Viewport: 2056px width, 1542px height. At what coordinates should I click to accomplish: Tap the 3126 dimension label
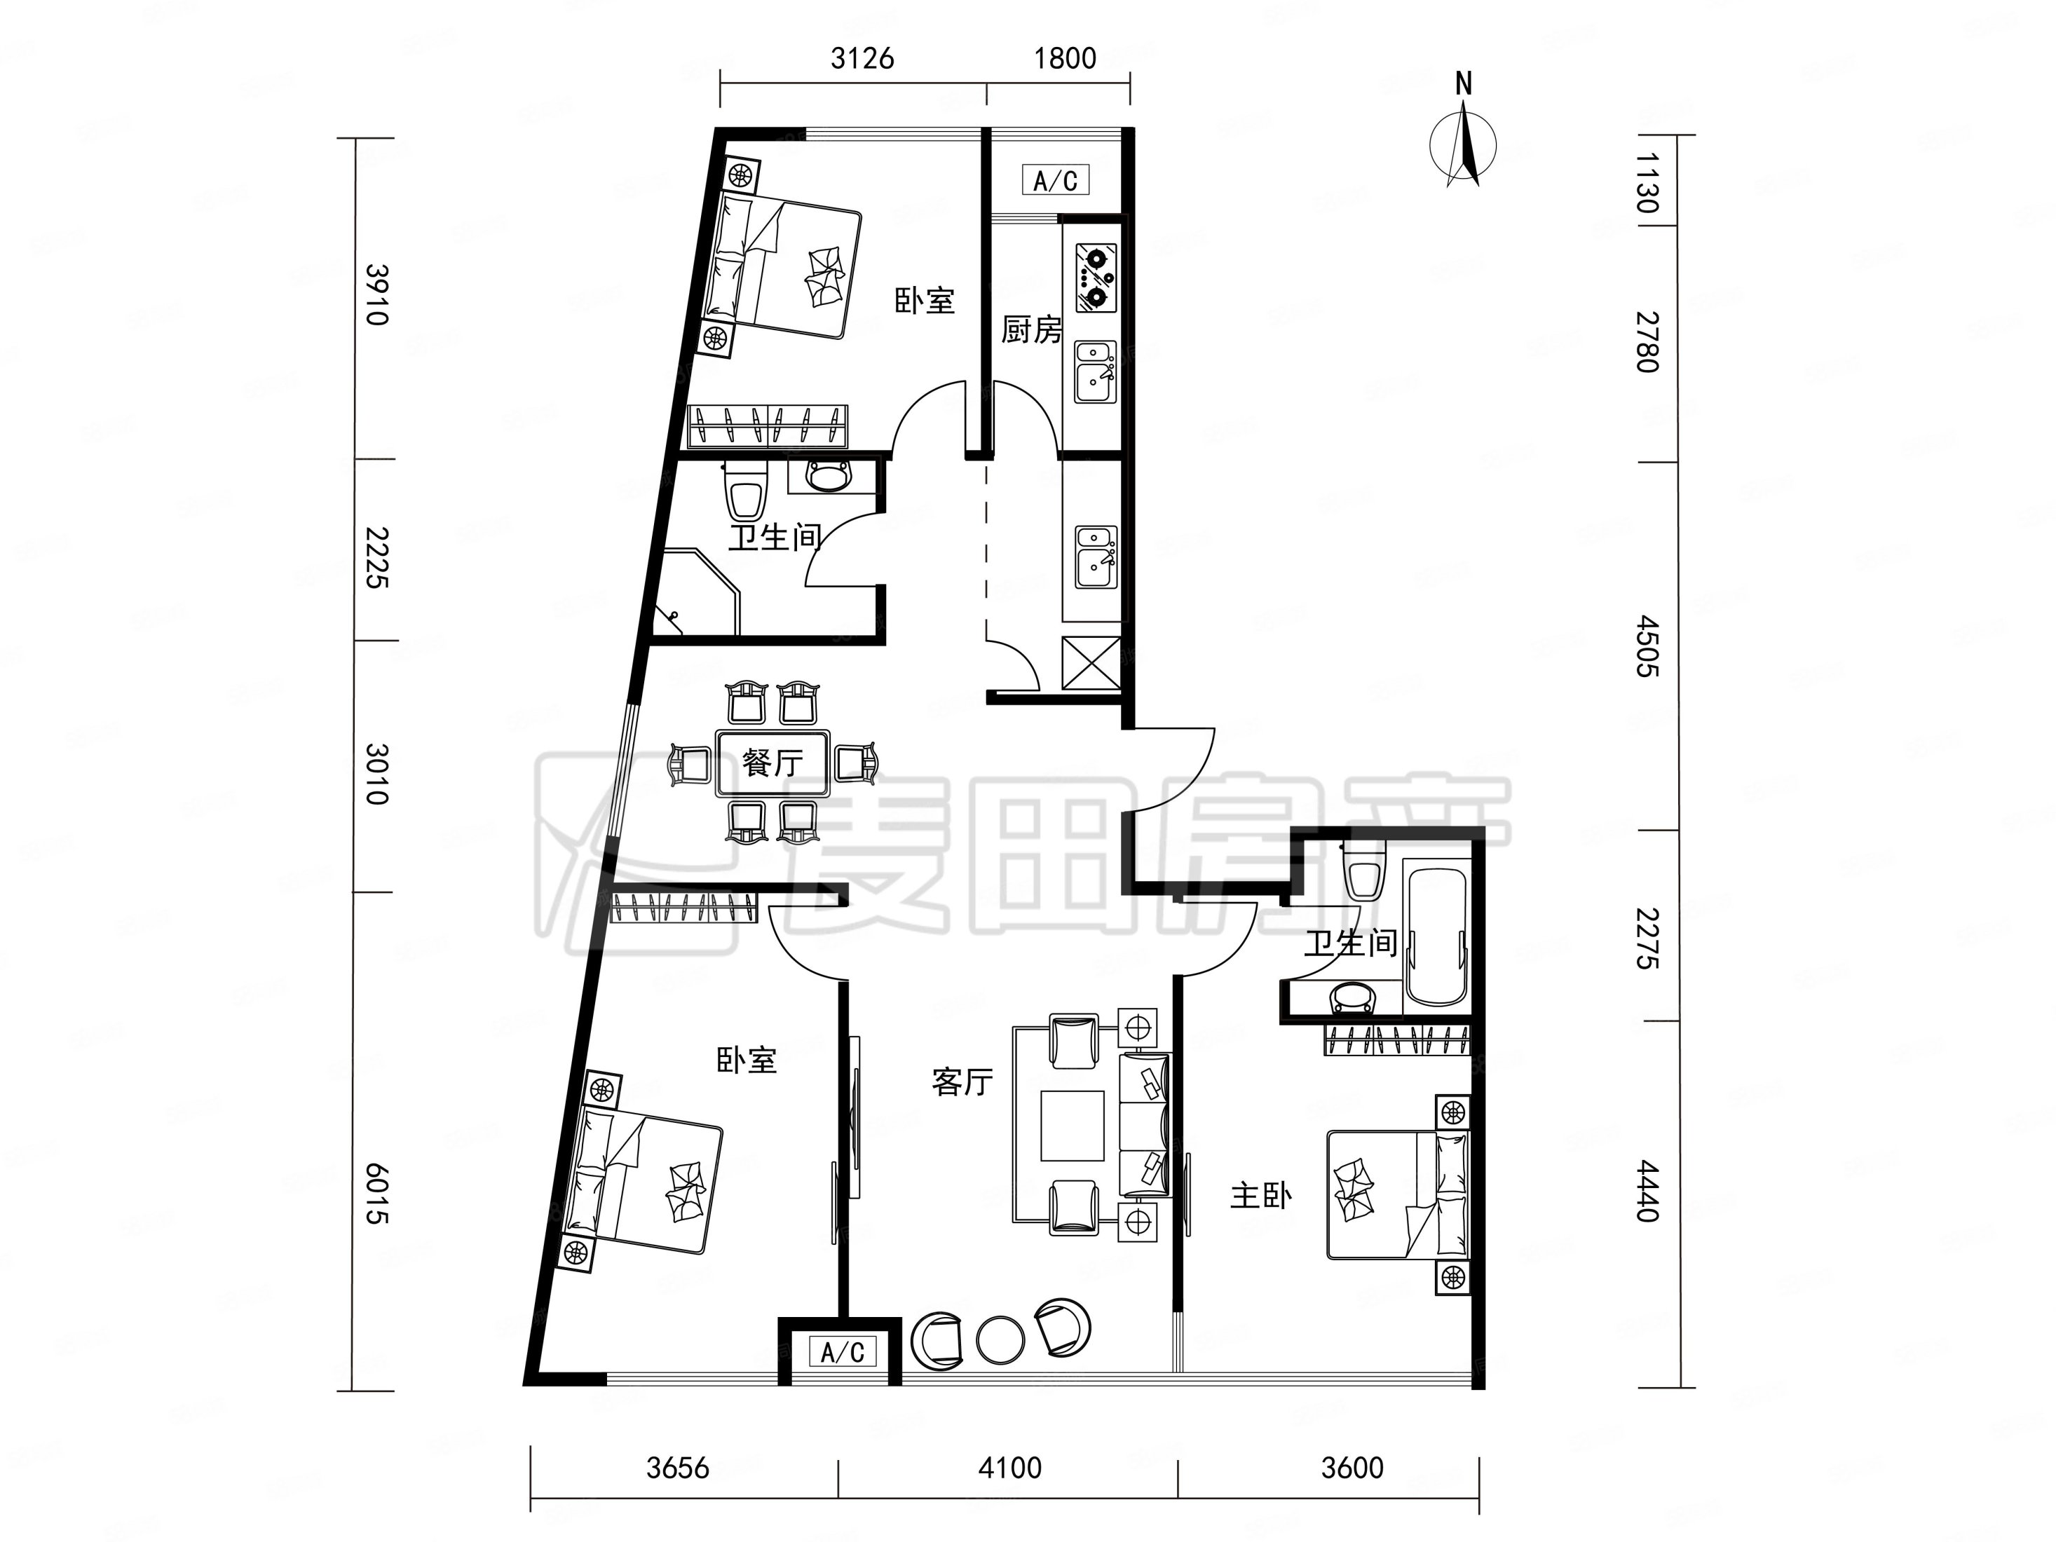click(x=862, y=59)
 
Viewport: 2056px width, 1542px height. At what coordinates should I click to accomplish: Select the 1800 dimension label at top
click(x=1066, y=59)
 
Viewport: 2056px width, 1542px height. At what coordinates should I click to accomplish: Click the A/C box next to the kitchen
click(x=1055, y=179)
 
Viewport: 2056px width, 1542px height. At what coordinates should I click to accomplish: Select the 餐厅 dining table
click(x=772, y=763)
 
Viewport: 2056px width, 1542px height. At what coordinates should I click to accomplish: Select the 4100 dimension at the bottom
click(x=1009, y=1468)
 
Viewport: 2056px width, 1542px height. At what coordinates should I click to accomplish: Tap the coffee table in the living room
click(x=1072, y=1126)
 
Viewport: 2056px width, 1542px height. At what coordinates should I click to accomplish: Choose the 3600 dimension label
click(x=1352, y=1468)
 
